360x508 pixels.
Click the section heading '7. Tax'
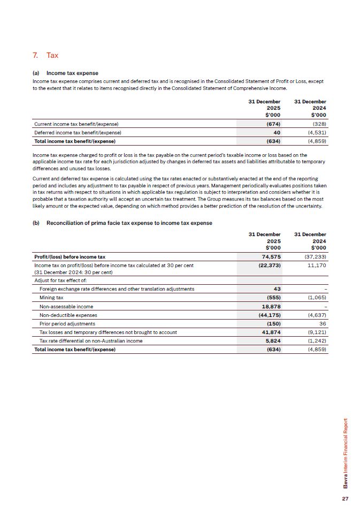(x=45, y=55)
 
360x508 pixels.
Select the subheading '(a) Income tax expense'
(x=66, y=73)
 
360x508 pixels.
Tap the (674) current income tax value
(x=273, y=124)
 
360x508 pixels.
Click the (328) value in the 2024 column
(x=319, y=124)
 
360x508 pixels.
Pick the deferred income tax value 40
(x=277, y=132)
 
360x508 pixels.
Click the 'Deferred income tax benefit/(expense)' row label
(x=78, y=132)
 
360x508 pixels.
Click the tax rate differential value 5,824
(x=273, y=341)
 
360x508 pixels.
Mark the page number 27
(x=345, y=498)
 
